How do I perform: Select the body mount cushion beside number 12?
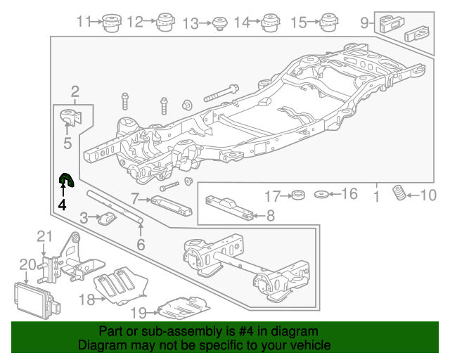click(165, 22)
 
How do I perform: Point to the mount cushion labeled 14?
click(271, 23)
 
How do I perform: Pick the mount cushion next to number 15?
click(327, 22)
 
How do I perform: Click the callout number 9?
click(364, 22)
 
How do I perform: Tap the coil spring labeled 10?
click(399, 193)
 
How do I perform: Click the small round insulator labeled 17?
click(297, 194)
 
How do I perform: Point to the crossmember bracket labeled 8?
click(229, 208)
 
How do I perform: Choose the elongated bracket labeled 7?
click(169, 206)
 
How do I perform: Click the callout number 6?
click(141, 245)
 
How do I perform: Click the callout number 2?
click(75, 91)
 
